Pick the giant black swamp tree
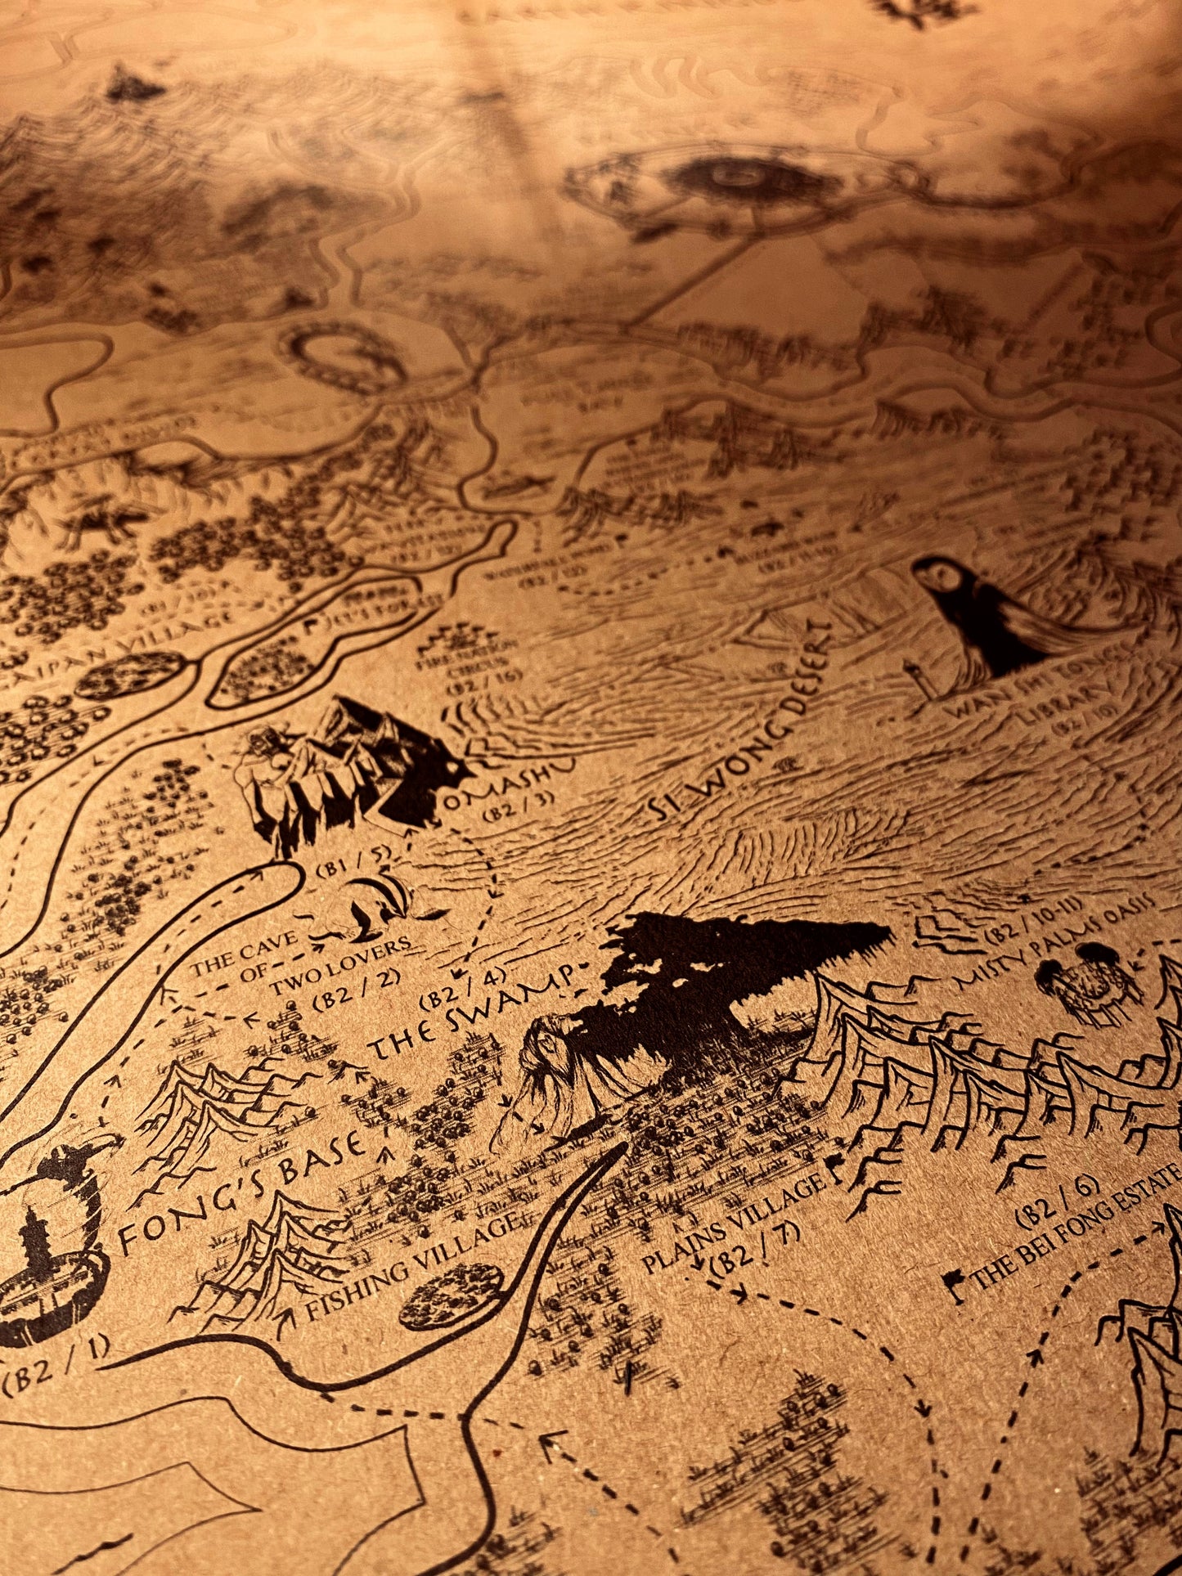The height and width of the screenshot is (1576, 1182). [x=720, y=965]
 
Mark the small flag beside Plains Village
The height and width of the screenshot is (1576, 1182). [x=835, y=1168]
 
